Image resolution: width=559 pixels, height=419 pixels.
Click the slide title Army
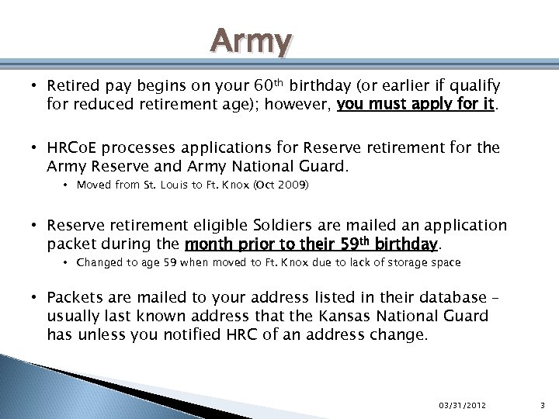252,41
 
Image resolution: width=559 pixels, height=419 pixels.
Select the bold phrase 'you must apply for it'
415,102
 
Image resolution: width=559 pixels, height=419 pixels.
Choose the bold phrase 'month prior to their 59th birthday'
312,244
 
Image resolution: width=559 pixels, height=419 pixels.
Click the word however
300,102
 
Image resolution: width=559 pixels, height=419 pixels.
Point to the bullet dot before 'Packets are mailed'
36,298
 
